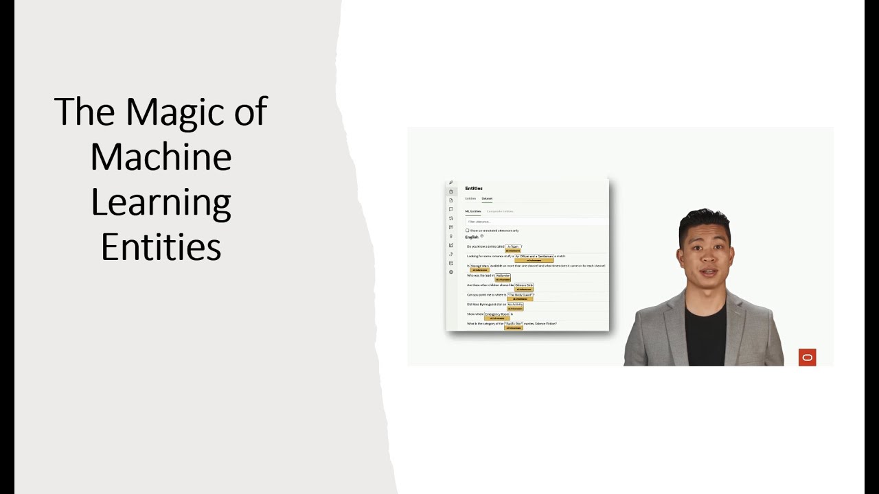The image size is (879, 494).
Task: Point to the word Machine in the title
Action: click(161, 156)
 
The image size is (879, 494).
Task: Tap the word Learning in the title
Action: click(161, 203)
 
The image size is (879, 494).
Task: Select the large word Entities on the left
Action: click(161, 247)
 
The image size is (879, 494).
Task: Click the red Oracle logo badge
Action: click(807, 357)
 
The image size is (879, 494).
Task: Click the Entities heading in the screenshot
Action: click(474, 188)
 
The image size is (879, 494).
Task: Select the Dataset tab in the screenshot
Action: click(487, 198)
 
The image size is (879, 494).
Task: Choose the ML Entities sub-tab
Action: click(473, 211)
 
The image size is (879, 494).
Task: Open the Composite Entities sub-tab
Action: click(500, 211)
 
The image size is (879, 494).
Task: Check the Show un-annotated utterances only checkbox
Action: click(468, 231)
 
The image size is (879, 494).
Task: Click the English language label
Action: click(472, 237)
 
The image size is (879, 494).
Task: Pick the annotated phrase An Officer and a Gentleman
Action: click(534, 256)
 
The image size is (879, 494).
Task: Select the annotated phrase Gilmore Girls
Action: click(524, 285)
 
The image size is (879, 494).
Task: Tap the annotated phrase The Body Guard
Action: click(521, 295)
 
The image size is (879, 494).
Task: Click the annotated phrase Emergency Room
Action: click(497, 314)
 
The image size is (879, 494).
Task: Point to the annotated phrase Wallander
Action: click(503, 275)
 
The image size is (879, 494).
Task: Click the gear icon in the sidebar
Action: click(451, 272)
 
